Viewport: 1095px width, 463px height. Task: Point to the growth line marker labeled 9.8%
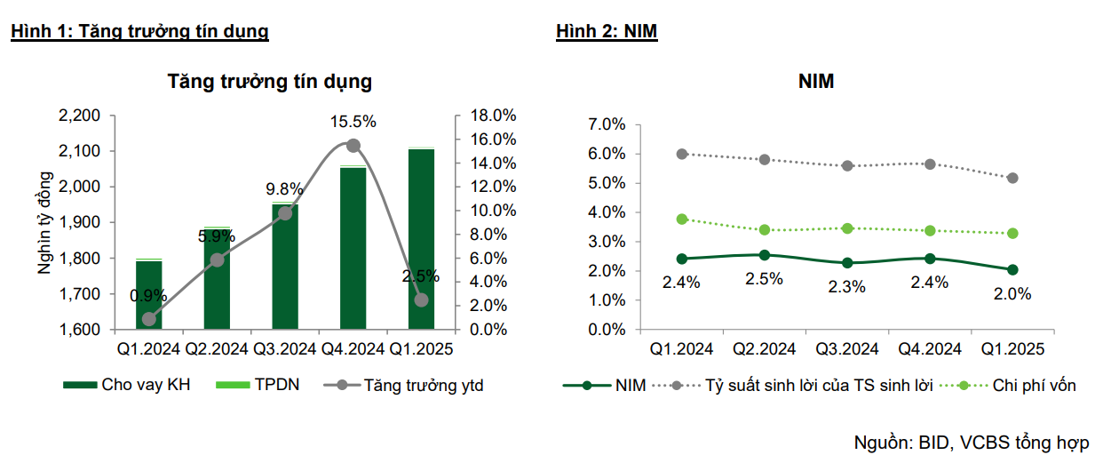point(285,212)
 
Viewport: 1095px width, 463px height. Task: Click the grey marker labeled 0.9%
point(149,319)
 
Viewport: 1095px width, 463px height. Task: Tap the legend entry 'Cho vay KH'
point(127,385)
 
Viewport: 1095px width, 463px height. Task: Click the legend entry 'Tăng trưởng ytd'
point(404,385)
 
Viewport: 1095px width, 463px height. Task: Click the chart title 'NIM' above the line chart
point(816,82)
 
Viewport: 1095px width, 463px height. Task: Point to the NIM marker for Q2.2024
point(765,255)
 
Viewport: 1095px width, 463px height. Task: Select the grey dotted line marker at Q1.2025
point(1012,178)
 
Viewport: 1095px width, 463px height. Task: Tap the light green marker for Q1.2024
point(682,219)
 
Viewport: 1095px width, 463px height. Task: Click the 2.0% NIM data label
point(1012,294)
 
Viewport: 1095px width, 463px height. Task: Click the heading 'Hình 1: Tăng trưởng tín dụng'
point(139,32)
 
